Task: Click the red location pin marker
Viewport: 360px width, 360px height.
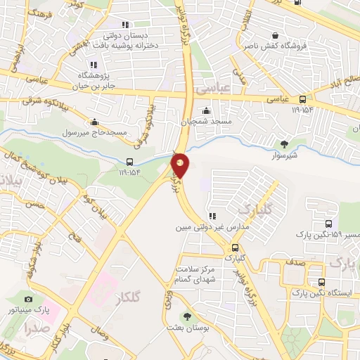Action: [x=181, y=165]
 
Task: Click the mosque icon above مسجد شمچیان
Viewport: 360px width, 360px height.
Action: [x=206, y=110]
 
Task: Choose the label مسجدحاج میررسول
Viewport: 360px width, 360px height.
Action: [x=94, y=131]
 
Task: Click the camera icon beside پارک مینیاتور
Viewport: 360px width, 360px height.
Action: [x=29, y=300]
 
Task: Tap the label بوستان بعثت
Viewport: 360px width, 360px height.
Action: [x=186, y=328]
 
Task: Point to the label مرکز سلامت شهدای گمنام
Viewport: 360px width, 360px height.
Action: [x=196, y=275]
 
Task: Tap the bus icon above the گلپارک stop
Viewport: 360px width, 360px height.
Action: [x=235, y=247]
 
